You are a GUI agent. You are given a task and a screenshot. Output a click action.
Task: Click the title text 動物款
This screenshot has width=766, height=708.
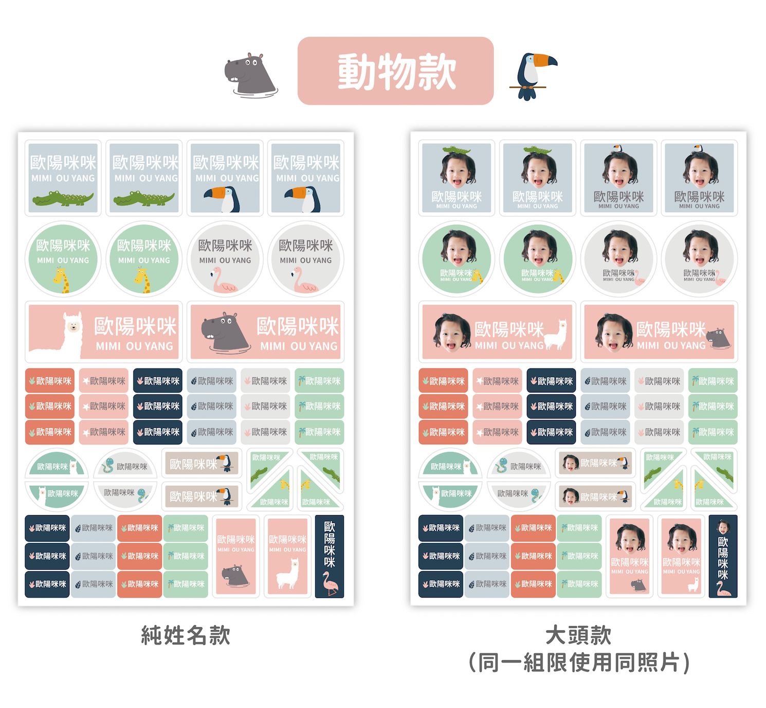pyautogui.click(x=396, y=71)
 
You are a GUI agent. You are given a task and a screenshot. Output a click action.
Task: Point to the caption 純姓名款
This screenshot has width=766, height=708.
pyautogui.click(x=186, y=636)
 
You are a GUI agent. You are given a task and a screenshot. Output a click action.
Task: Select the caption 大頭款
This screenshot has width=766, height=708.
pyautogui.click(x=578, y=635)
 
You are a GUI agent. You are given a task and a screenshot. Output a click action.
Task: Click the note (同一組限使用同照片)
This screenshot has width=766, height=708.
pyautogui.click(x=579, y=662)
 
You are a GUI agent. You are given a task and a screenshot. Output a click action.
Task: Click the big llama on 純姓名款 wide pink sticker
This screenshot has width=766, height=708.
pyautogui.click(x=61, y=336)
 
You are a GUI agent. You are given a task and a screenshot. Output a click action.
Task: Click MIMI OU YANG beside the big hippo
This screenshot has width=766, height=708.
pyautogui.click(x=299, y=346)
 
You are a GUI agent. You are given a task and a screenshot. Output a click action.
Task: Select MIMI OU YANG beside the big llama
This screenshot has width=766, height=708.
pyautogui.click(x=134, y=346)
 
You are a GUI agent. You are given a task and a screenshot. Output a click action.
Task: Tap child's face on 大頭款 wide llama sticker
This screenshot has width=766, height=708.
pyautogui.click(x=452, y=332)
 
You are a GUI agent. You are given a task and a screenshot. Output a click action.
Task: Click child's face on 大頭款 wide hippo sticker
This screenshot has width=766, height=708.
pyautogui.click(x=614, y=332)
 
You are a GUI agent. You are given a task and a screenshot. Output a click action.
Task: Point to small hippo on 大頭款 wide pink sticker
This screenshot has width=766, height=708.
pyautogui.click(x=718, y=338)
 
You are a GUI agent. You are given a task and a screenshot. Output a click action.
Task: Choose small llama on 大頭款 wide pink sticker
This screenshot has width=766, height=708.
pyautogui.click(x=556, y=334)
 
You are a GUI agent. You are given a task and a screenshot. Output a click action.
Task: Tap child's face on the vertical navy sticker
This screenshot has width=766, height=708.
pyautogui.click(x=723, y=527)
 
